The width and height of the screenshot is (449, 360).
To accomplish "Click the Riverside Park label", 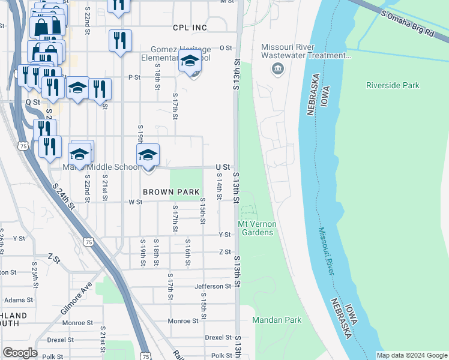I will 393,85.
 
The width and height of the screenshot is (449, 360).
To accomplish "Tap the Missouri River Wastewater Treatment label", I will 306,52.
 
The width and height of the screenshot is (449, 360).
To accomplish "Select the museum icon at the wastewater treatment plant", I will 277,69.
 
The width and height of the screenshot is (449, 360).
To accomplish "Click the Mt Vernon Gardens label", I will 257,228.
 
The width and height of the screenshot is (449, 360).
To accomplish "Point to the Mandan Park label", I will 276,320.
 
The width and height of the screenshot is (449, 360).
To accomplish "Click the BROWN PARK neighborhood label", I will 170,192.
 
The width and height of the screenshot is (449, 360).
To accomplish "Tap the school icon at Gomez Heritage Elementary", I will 190,62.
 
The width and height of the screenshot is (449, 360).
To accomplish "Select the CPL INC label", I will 189,28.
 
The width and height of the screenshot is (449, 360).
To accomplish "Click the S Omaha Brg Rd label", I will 406,15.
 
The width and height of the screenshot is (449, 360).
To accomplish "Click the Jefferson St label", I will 212,287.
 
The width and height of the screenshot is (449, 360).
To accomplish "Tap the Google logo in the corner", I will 20,353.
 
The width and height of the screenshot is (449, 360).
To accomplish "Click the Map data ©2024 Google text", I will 412,355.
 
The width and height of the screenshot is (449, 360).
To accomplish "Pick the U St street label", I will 222,166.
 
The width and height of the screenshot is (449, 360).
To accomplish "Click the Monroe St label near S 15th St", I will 183,321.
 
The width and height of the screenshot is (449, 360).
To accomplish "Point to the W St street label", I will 135,202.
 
